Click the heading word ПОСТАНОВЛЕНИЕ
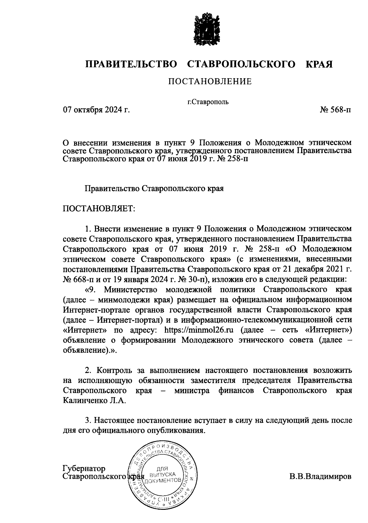coord(210,82)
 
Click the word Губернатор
coord(84,468)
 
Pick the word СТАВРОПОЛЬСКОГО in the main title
coord(241,64)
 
